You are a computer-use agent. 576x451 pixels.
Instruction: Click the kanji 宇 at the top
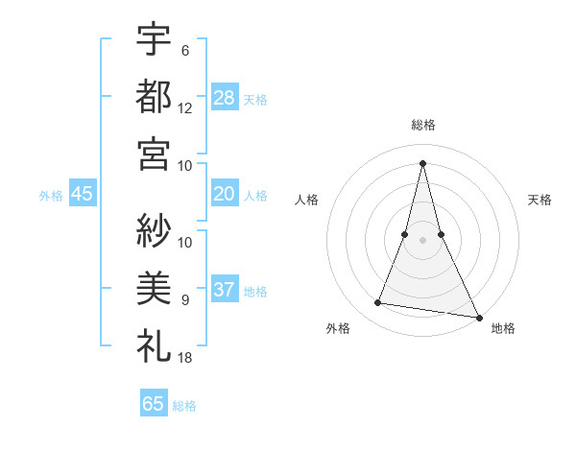pos(154,40)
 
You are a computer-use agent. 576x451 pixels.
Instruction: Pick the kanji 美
pos(154,288)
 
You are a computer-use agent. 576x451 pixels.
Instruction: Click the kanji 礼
pos(154,344)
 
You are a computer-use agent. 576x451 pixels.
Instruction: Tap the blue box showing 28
pos(225,97)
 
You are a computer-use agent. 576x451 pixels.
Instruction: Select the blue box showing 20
pos(225,195)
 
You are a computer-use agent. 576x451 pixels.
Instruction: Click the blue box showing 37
pos(225,291)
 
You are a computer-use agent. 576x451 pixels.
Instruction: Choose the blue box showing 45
pos(83,195)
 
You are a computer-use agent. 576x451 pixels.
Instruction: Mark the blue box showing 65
pos(154,404)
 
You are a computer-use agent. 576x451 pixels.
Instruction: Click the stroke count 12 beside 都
pos(185,108)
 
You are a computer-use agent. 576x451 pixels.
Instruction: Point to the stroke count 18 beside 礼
pos(185,358)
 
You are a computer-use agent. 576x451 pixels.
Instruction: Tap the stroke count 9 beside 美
pos(185,300)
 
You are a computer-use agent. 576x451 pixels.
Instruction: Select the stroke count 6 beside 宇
pos(185,51)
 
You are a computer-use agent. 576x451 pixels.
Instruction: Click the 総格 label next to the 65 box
pos(185,406)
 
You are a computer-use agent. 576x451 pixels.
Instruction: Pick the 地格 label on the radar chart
pos(503,329)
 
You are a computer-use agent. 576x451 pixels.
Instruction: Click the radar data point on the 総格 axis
pos(422,162)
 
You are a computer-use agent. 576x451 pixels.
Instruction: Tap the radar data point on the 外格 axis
pos(378,303)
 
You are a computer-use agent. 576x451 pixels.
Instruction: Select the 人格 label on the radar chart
pos(306,200)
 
